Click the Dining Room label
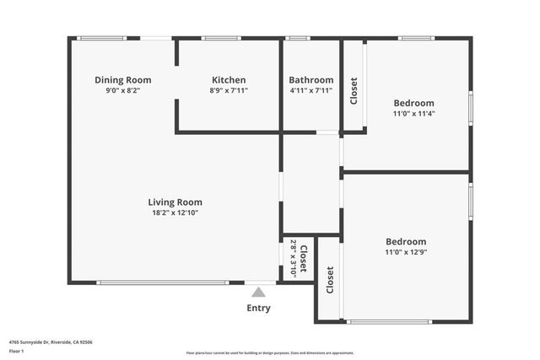click(x=122, y=80)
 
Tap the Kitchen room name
click(x=229, y=80)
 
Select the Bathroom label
click(x=311, y=80)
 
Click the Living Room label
click(x=175, y=202)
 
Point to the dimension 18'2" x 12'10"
click(x=175, y=213)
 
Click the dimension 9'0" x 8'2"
click(x=122, y=90)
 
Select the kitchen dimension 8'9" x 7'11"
click(x=229, y=90)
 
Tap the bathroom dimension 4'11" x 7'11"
click(x=311, y=90)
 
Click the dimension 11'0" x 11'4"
click(x=413, y=113)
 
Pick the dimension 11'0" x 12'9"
click(x=406, y=251)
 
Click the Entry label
click(x=258, y=308)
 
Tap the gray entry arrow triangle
click(x=258, y=293)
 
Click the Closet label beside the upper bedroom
click(x=354, y=92)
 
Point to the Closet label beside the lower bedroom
click(x=330, y=281)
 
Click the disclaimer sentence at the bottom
click(x=270, y=353)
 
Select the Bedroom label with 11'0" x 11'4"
click(x=413, y=103)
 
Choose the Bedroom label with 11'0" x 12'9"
click(x=406, y=241)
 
